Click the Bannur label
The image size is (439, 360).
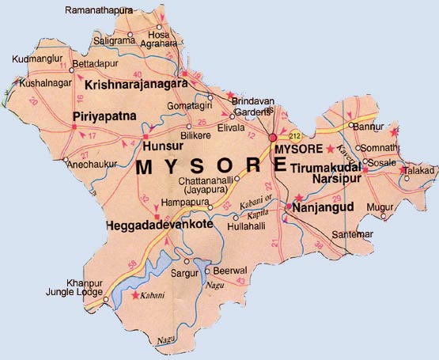pos(368,126)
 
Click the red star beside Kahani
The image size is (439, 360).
pos(136,295)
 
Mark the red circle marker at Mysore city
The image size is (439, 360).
pos(273,138)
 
